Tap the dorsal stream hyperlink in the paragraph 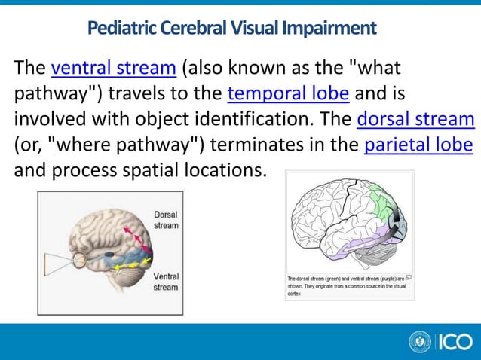coord(415,121)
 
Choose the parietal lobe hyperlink coord(418,145)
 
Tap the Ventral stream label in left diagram coord(166,282)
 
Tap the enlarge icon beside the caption coord(408,277)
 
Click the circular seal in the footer coord(420,342)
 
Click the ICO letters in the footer coord(456,342)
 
